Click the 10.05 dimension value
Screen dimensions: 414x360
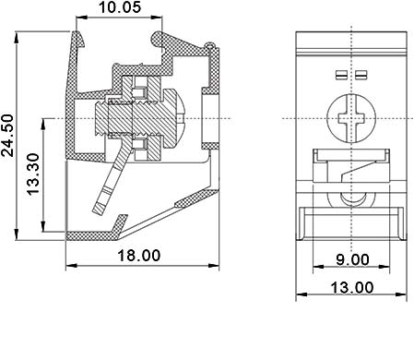click(120, 7)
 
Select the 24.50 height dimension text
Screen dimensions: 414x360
click(8, 136)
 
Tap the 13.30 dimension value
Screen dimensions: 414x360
click(33, 174)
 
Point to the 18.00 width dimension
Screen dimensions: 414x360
click(139, 256)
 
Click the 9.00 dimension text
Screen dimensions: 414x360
click(352, 259)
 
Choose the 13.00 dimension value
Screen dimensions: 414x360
click(352, 288)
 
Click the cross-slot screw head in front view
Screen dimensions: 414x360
click(351, 118)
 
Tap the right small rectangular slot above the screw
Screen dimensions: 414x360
click(361, 75)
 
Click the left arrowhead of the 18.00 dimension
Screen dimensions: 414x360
click(71, 265)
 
